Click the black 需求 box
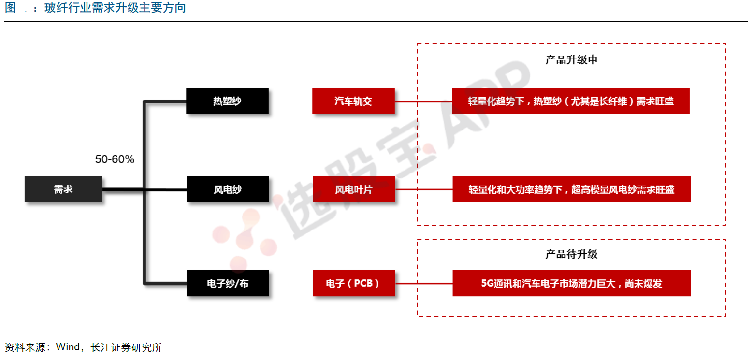pyautogui.click(x=63, y=189)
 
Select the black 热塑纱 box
pyautogui.click(x=227, y=101)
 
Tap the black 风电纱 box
pyautogui.click(x=228, y=189)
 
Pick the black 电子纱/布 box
pyautogui.click(x=228, y=283)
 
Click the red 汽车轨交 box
pyautogui.click(x=353, y=101)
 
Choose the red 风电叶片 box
pyautogui.click(x=354, y=189)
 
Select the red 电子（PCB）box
pyautogui.click(x=354, y=283)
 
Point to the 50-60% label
pyautogui.click(x=115, y=159)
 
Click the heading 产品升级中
pyautogui.click(x=571, y=60)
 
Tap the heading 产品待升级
pyautogui.click(x=571, y=254)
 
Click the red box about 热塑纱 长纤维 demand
pyautogui.click(x=571, y=101)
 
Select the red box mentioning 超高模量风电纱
pyautogui.click(x=571, y=189)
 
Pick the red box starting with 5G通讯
pyautogui.click(x=571, y=283)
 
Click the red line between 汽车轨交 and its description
pyautogui.click(x=423, y=101)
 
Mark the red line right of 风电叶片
pyautogui.click(x=424, y=189)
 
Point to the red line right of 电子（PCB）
pyautogui.click(x=424, y=283)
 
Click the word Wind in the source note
pyautogui.click(x=68, y=347)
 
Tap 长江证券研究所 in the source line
pyautogui.click(x=126, y=347)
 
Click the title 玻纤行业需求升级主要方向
pyautogui.click(x=115, y=8)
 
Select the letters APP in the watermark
pyautogui.click(x=488, y=104)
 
